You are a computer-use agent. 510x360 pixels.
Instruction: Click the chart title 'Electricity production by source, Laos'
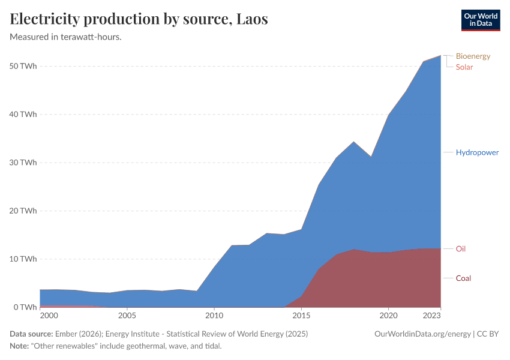click(139, 19)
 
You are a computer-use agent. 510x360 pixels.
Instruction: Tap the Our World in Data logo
click(480, 20)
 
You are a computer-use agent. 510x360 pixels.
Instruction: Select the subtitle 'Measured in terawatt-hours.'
click(71, 37)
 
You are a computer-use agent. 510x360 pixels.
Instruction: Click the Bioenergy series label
click(473, 56)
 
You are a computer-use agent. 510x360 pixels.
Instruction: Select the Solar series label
click(464, 67)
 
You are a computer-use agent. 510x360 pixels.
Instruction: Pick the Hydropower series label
click(477, 152)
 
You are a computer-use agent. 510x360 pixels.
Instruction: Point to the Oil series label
click(461, 248)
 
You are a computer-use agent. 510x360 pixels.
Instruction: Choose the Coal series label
click(463, 278)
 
